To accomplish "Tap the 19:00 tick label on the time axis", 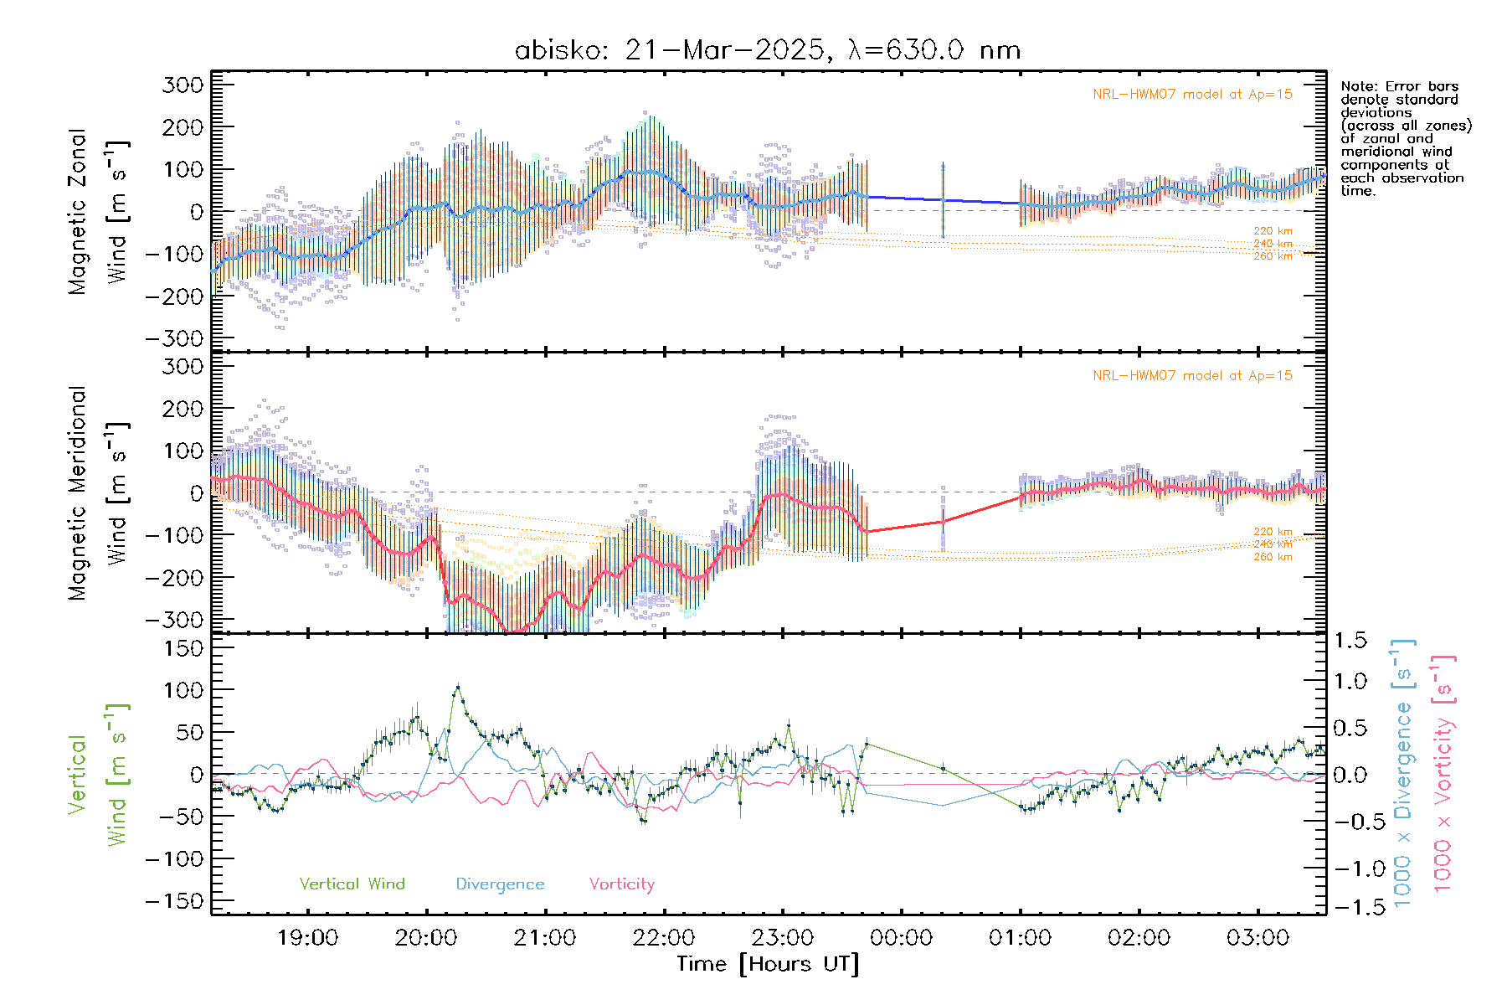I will tap(307, 938).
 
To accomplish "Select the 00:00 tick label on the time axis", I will tap(901, 938).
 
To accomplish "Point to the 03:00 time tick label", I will tap(1258, 938).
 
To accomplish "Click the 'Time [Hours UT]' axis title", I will tap(768, 964).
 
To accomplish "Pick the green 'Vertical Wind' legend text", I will tap(352, 884).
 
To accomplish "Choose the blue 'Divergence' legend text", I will tap(500, 884).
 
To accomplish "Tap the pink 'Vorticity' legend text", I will tap(621, 884).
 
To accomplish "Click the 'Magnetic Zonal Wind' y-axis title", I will tap(99, 211).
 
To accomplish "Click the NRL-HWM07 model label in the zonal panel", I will tap(1192, 94).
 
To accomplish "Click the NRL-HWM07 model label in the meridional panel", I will tap(1192, 375).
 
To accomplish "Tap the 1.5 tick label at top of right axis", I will tap(1350, 641).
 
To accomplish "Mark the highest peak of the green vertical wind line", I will tap(457, 687).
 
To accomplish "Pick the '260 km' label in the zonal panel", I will tap(1273, 256).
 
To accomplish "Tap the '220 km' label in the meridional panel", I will tap(1273, 532).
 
